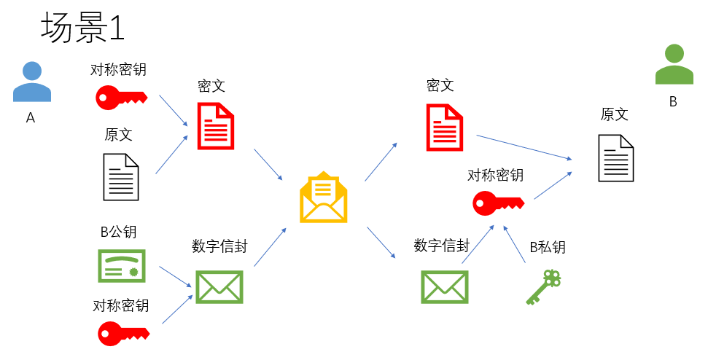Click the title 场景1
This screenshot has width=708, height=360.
(x=83, y=28)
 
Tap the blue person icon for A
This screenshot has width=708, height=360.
(x=32, y=82)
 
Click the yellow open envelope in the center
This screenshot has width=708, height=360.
(x=324, y=197)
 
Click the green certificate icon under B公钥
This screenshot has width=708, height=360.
(x=122, y=266)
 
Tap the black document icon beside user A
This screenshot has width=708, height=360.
(x=120, y=177)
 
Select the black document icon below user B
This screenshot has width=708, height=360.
(x=616, y=158)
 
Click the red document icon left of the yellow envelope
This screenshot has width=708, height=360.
(x=216, y=125)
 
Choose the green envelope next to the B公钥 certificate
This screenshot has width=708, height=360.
(x=219, y=286)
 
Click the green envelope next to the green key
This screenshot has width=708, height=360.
(x=444, y=286)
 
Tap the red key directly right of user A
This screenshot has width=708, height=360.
(x=121, y=97)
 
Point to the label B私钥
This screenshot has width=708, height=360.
(x=548, y=248)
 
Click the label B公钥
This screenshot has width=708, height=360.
(x=118, y=232)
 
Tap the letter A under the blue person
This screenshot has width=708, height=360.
(x=31, y=117)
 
